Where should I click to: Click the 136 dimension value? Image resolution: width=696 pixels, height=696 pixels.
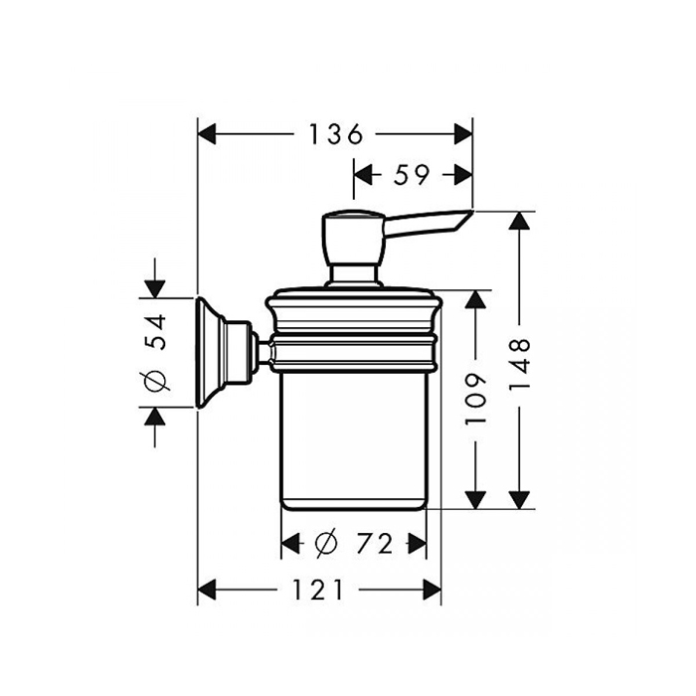[x=333, y=133]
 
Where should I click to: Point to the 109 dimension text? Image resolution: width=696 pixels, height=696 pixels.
[x=478, y=398]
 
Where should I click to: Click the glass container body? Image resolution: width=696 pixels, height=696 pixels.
[x=354, y=437]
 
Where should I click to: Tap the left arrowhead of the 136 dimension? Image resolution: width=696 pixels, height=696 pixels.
[x=207, y=133]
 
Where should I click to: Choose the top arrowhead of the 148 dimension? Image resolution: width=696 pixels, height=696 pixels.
[x=516, y=222]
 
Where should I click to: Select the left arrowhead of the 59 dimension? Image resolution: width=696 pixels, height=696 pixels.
[x=363, y=175]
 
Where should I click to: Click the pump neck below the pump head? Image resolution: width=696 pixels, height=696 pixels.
[x=350, y=274]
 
